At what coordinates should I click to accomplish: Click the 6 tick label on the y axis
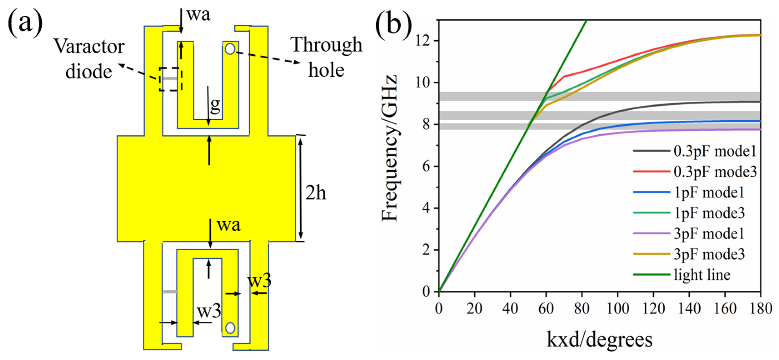point(426,166)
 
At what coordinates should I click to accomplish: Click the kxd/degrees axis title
point(599,339)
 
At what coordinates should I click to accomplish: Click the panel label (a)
point(25,22)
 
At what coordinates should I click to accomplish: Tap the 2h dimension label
point(315,193)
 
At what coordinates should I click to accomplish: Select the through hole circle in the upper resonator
point(230,49)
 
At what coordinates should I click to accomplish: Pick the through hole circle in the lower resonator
point(230,328)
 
